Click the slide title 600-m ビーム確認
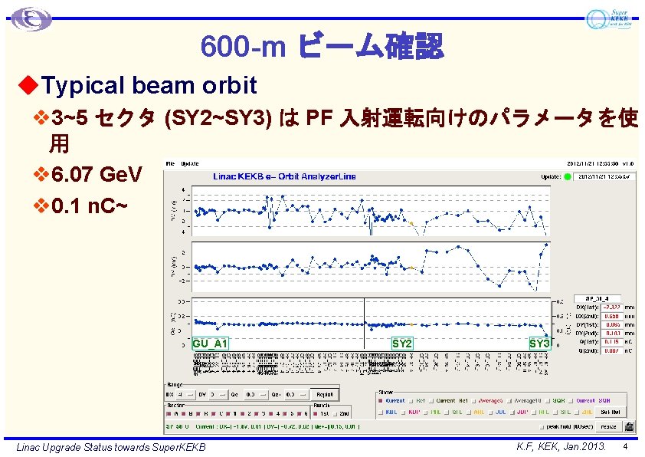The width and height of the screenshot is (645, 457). point(322,47)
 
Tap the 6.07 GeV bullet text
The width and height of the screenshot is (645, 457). point(96,176)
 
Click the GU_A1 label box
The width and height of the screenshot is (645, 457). point(210,344)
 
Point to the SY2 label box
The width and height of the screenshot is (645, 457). point(402,344)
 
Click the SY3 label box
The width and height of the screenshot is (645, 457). point(539,344)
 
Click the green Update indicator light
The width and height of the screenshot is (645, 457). point(568,176)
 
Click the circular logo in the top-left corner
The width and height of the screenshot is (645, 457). point(31,18)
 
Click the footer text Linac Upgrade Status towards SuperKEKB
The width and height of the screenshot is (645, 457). point(111,446)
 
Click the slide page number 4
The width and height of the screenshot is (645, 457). point(626,445)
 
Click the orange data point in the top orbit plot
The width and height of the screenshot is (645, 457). point(411,224)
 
